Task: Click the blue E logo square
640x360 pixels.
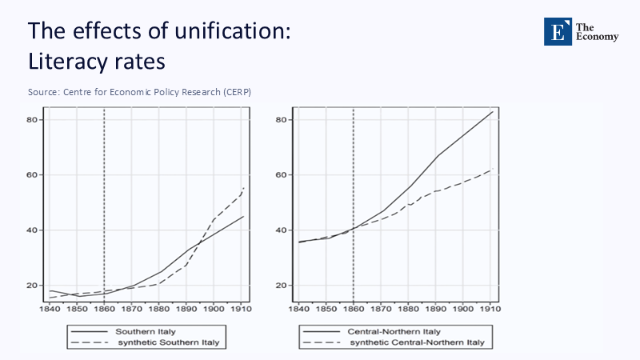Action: (x=557, y=30)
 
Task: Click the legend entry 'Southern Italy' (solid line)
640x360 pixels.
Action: (x=146, y=330)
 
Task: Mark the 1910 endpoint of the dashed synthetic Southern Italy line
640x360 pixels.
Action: (x=243, y=188)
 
